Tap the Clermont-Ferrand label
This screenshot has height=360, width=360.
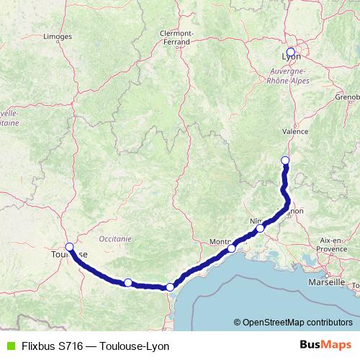[176, 37]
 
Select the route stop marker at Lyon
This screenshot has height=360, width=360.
[291, 52]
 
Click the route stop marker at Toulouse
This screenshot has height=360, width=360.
[69, 247]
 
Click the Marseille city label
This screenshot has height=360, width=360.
[325, 282]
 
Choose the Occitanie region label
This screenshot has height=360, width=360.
[115, 238]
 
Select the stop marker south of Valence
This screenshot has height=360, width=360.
[284, 160]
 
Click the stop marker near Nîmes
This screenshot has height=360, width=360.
[261, 228]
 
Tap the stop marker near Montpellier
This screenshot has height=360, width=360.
[231, 248]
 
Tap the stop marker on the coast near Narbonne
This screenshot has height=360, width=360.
[170, 287]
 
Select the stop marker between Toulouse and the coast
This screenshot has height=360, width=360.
[127, 282]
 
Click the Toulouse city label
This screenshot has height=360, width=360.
[69, 255]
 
